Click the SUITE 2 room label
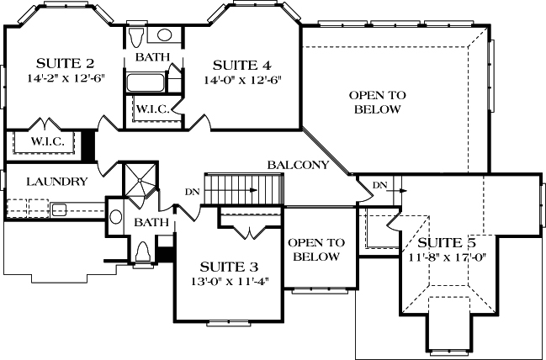(66, 63)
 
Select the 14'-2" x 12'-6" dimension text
(66, 79)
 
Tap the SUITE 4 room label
(241, 65)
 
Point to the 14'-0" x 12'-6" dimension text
(241, 81)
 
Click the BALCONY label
(298, 165)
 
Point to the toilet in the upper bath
(164, 36)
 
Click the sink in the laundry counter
(58, 209)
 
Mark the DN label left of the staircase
(193, 191)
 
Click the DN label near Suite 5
(380, 184)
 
